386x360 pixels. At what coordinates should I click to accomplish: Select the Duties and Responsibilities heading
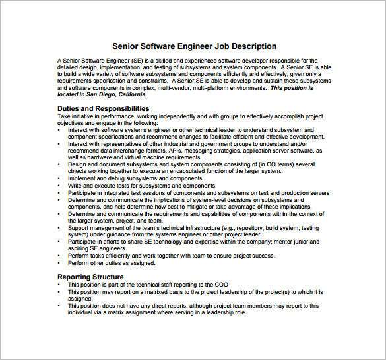[x=103, y=108]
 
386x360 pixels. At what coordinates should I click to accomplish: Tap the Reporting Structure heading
[x=90, y=277]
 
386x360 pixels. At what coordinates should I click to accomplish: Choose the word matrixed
[x=145, y=291]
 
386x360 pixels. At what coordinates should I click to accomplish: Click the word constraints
[x=150, y=80]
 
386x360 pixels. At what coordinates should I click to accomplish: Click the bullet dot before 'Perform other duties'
[x=60, y=263]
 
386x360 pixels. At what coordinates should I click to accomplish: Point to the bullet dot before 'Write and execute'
[x=60, y=186]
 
